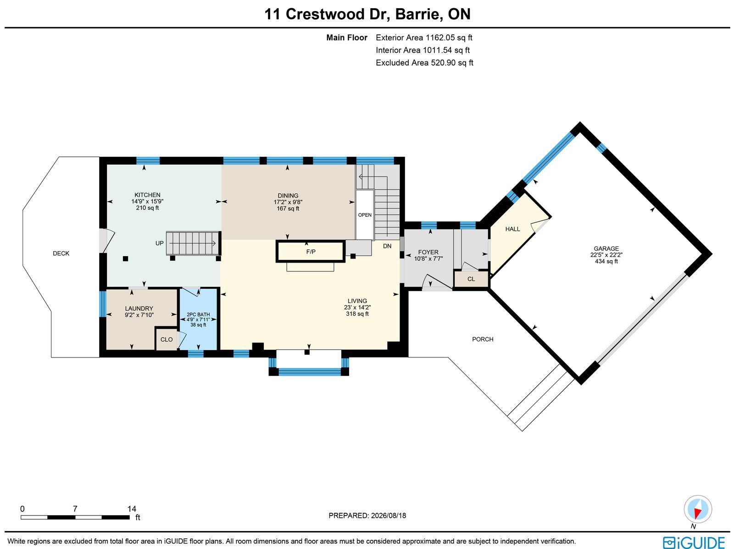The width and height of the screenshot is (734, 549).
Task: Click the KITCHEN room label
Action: point(147,195)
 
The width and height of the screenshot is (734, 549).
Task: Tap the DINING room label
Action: point(288,195)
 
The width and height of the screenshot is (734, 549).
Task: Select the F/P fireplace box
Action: point(310,251)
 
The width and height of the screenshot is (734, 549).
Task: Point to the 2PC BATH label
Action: point(198,314)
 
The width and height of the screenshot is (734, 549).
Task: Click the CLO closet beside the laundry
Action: point(167,339)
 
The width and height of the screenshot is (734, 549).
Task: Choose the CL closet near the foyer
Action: point(471,279)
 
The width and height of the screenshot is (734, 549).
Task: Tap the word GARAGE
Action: point(606,248)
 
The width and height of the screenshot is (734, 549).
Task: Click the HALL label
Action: point(512,229)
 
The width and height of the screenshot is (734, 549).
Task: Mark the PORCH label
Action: point(483,339)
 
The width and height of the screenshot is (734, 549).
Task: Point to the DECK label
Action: point(61,253)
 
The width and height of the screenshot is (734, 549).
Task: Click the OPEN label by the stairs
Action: point(365,215)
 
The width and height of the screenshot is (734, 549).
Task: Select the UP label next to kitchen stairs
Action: point(160,243)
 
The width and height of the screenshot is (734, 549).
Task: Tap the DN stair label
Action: point(387,246)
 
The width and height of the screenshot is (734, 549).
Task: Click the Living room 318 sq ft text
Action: point(357,313)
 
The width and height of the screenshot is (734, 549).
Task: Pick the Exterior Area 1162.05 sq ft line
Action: point(424,38)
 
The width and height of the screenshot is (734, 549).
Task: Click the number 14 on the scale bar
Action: point(132,509)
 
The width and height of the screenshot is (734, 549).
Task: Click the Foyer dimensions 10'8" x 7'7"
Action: point(428,258)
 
